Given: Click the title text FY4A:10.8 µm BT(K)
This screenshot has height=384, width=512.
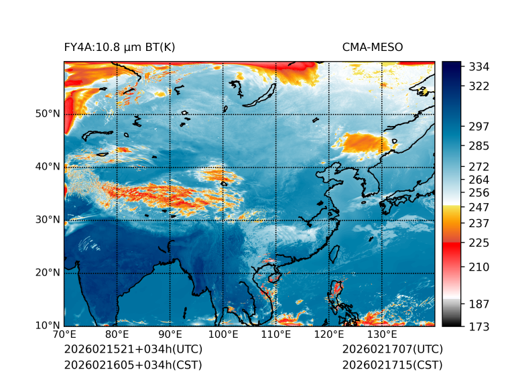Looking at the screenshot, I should tap(119, 47).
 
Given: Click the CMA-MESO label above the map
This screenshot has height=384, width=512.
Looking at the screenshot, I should tap(373, 47).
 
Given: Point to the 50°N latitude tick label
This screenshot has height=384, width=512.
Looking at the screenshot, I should tap(47, 114).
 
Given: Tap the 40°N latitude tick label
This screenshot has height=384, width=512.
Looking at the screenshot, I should tap(47, 167).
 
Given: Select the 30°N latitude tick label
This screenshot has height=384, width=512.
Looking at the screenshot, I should tap(47, 220).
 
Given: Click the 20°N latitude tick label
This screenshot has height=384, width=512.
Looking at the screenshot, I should tap(47, 273).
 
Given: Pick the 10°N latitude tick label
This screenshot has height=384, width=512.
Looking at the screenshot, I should tap(47, 326).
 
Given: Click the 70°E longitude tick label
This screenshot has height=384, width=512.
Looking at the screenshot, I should tap(64, 335).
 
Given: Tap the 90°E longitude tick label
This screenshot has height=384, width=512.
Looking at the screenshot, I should tap(170, 335).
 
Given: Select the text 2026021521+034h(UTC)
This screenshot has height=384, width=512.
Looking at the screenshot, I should tap(133, 350).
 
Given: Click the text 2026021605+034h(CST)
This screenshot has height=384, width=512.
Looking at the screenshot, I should tap(133, 365).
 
